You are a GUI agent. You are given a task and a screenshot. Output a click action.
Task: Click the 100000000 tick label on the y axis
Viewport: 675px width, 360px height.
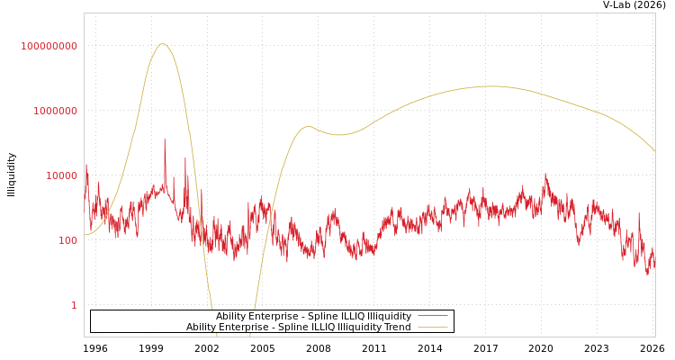49,46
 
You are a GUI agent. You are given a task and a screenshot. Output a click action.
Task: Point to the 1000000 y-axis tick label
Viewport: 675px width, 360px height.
56,111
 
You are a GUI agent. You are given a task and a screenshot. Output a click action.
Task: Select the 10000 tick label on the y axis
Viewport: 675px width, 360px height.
62,175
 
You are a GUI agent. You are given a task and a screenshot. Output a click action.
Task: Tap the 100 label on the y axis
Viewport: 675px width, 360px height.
68,240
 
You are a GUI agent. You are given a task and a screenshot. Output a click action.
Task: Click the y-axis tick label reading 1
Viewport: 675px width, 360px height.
74,305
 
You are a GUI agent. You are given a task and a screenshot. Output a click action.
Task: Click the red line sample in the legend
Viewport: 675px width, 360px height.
433,317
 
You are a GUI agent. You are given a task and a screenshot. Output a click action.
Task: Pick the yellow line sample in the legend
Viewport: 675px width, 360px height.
433,328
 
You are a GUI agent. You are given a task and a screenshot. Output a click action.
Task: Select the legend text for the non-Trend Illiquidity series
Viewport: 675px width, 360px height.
313,317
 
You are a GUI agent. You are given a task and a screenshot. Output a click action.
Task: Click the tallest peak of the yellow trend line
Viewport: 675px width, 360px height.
162,43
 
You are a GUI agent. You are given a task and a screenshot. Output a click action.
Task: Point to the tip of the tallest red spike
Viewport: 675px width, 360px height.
165,139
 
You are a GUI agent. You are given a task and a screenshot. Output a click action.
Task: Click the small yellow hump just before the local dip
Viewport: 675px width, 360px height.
308,126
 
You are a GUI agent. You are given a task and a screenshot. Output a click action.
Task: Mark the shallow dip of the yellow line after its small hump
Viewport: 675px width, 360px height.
337,135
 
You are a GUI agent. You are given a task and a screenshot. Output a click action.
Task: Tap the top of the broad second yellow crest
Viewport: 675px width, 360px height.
490,86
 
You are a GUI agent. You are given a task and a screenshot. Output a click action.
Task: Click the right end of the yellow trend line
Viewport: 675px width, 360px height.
654,150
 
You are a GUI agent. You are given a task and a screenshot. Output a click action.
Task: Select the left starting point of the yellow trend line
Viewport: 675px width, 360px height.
85,235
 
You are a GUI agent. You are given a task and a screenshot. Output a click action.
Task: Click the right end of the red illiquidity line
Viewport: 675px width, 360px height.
654,267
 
